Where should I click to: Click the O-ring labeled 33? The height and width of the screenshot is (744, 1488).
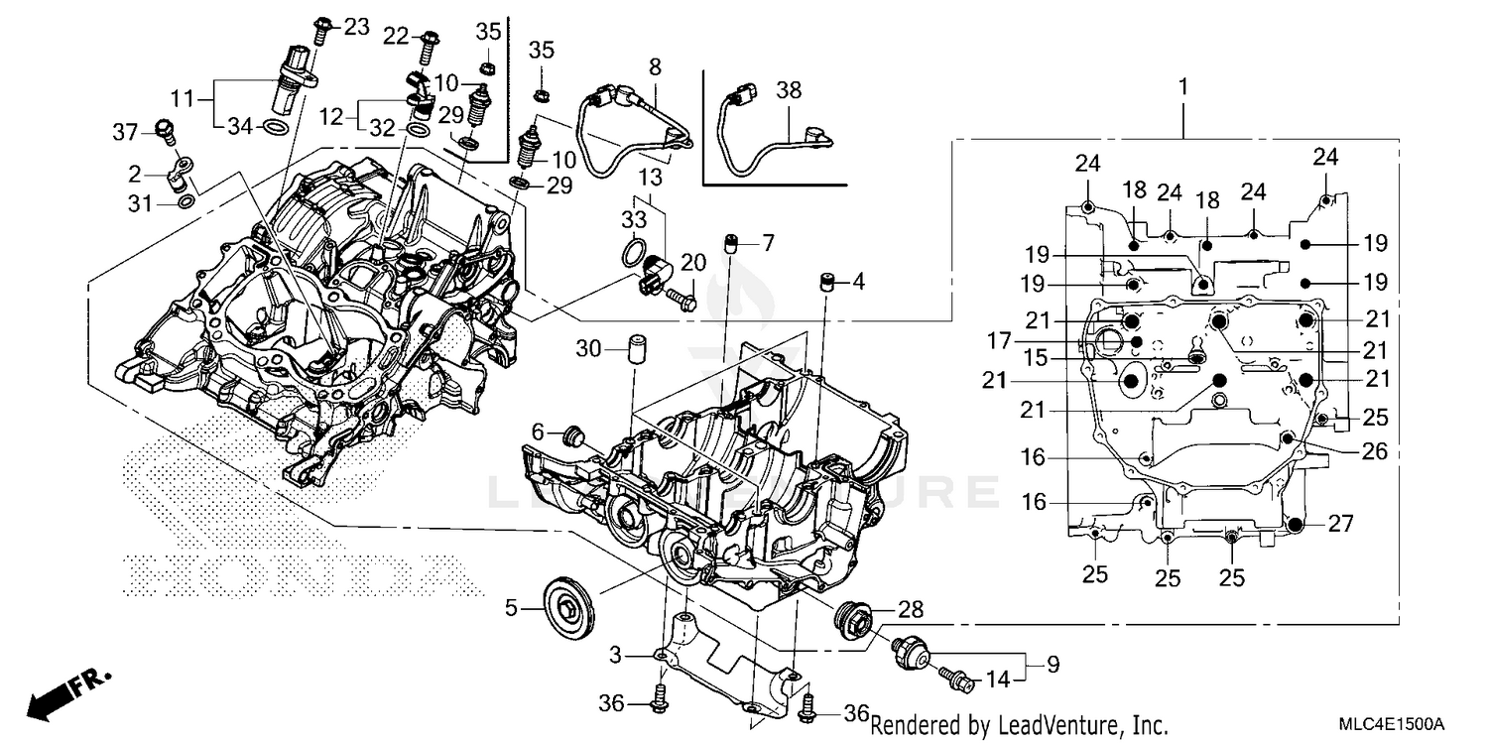tap(633, 252)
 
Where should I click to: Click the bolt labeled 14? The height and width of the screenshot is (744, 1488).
tap(957, 680)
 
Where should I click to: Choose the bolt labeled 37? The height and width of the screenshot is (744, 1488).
tap(165, 130)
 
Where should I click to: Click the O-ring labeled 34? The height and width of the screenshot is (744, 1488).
tap(277, 127)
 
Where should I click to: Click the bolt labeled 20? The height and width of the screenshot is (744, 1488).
tap(682, 294)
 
